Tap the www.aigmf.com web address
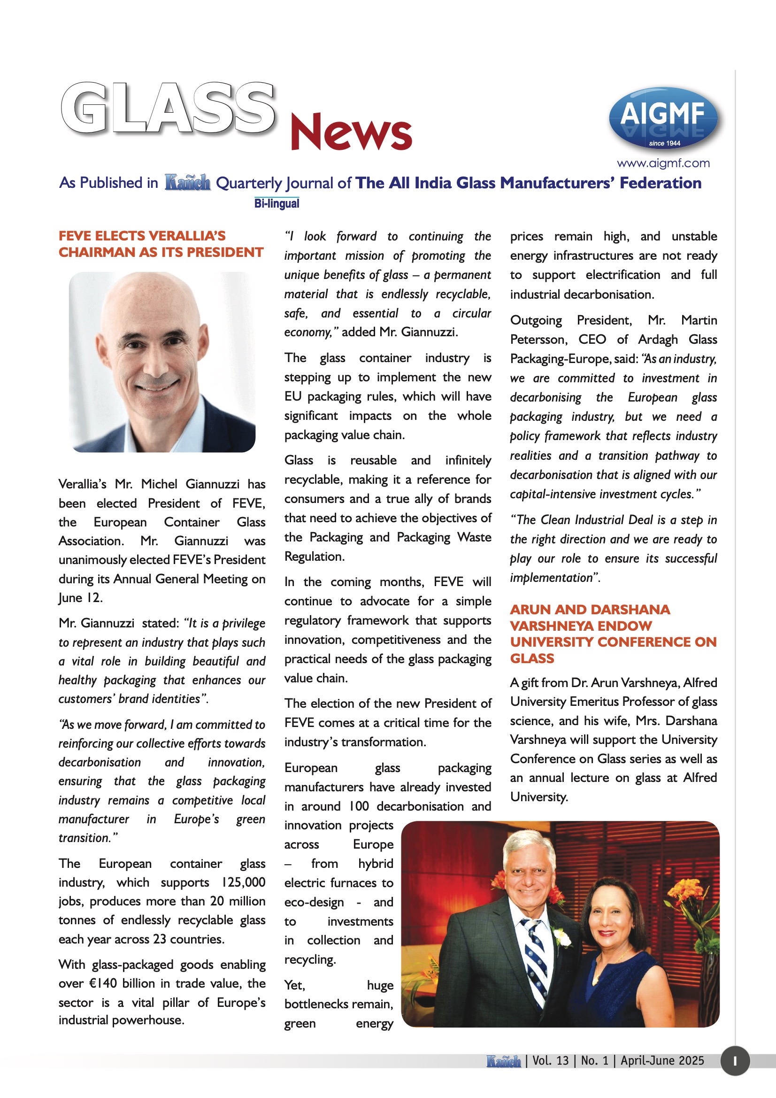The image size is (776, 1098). pyautogui.click(x=663, y=163)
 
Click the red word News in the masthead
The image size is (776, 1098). pyautogui.click(x=351, y=131)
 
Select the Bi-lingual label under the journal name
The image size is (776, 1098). pyautogui.click(x=277, y=203)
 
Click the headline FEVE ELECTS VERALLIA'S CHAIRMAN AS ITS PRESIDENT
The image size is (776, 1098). pyautogui.click(x=161, y=244)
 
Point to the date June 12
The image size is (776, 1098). pyautogui.click(x=80, y=598)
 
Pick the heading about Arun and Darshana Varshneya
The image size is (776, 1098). pyautogui.click(x=613, y=634)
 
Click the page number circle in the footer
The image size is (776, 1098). pyautogui.click(x=734, y=1061)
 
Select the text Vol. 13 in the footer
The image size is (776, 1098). pyautogui.click(x=550, y=1061)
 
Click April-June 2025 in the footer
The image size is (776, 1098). pyautogui.click(x=662, y=1061)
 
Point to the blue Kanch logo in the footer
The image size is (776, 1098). pyautogui.click(x=503, y=1061)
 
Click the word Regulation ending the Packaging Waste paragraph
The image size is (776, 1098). pyautogui.click(x=314, y=557)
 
